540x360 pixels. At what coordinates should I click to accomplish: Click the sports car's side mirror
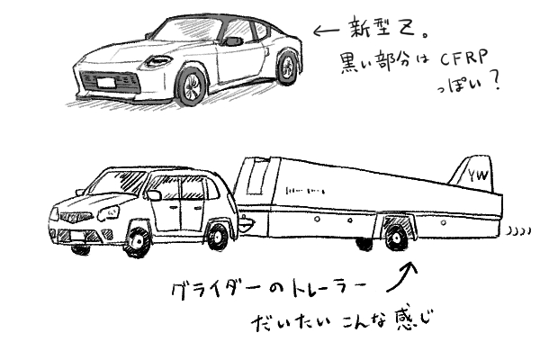tap(232, 41)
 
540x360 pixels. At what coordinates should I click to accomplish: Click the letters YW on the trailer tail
tap(476, 180)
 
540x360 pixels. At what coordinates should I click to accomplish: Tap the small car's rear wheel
tap(218, 236)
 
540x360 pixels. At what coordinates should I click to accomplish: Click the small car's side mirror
tap(155, 194)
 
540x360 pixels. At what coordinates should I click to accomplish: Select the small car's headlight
tap(111, 213)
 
